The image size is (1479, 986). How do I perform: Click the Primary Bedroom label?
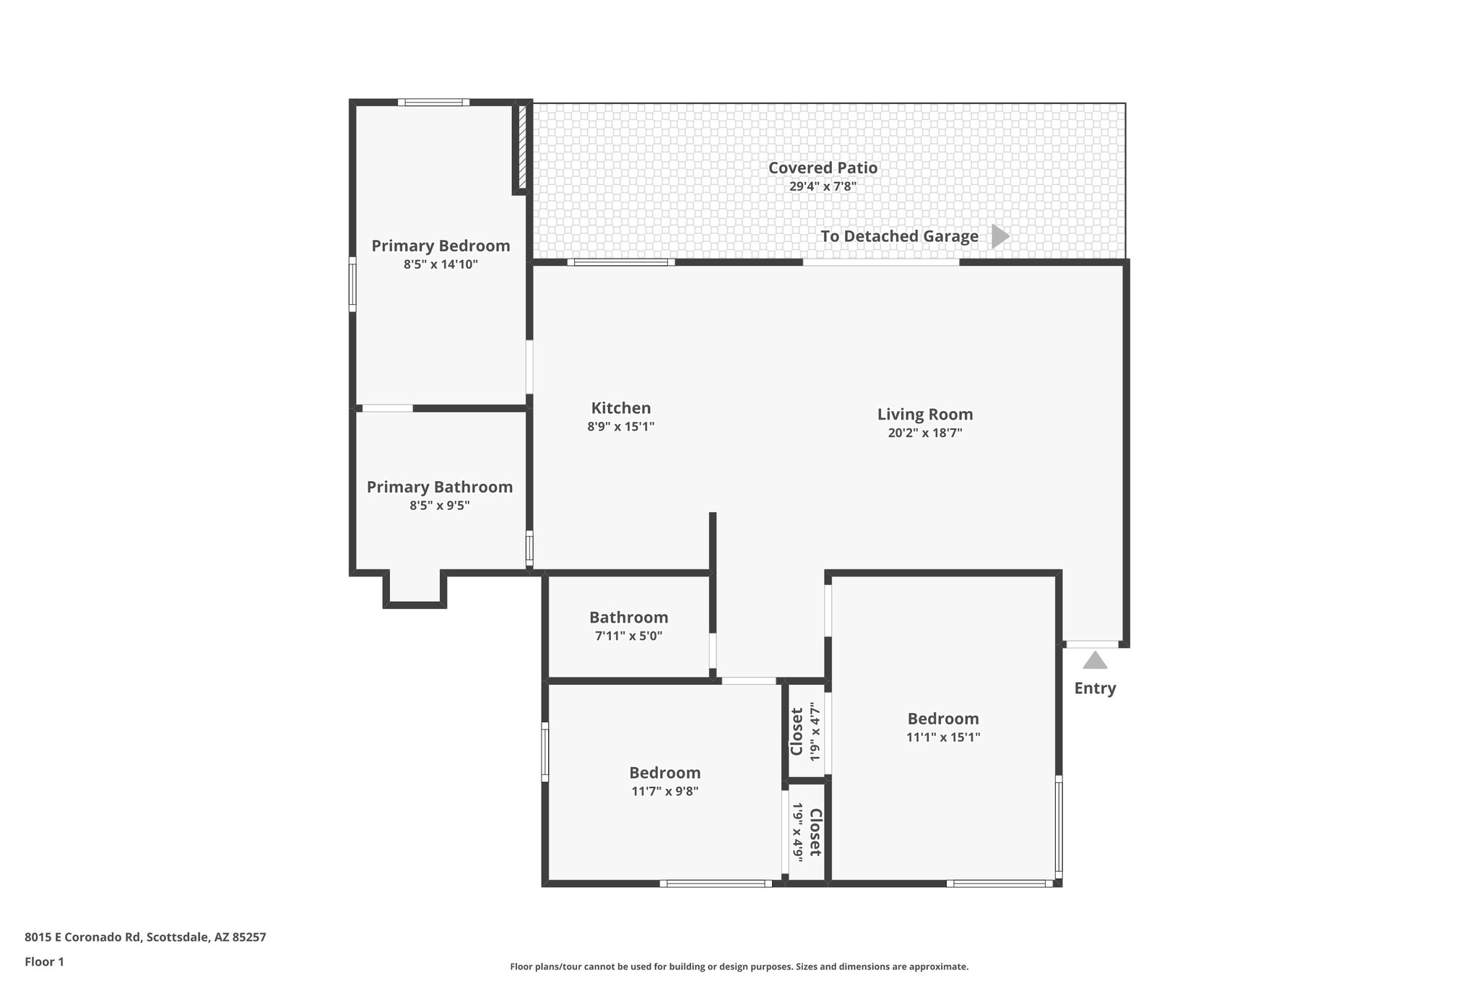click(x=441, y=246)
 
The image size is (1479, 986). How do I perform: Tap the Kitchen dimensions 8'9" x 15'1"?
click(x=620, y=427)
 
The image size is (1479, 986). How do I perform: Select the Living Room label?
click(x=924, y=414)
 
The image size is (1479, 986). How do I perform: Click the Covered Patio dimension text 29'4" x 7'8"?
click(x=823, y=186)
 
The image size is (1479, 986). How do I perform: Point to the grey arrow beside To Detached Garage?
click(x=999, y=236)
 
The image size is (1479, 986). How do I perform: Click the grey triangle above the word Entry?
click(x=1095, y=660)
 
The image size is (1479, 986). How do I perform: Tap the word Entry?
click(x=1095, y=688)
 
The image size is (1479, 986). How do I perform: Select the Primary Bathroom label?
click(x=439, y=487)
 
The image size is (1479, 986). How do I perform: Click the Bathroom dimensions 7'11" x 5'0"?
click(x=628, y=636)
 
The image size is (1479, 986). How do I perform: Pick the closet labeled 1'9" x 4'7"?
click(x=805, y=731)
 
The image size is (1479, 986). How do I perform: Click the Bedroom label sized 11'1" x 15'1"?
click(x=942, y=719)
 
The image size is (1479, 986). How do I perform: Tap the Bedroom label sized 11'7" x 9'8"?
click(x=664, y=773)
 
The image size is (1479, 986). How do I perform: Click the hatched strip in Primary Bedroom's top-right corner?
click(x=522, y=148)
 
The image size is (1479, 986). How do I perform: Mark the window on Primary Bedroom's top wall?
click(x=433, y=103)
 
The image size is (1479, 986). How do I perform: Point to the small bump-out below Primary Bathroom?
click(x=415, y=589)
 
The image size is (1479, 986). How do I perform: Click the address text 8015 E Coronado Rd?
click(x=145, y=937)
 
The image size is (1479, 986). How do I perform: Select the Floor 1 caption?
click(x=44, y=961)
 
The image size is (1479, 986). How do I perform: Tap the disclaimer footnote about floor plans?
click(x=739, y=966)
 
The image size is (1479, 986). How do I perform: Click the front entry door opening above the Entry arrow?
click(x=1092, y=644)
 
